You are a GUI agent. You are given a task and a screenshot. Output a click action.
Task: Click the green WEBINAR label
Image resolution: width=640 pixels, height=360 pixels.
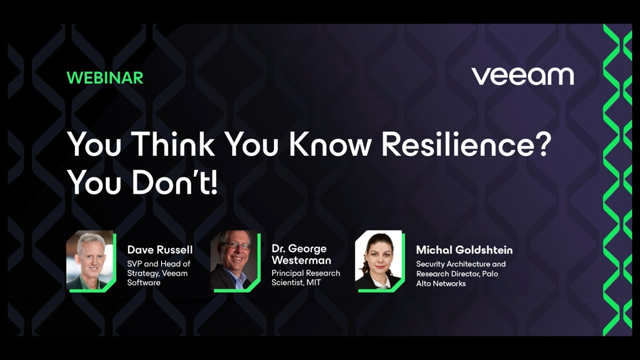pyautogui.click(x=104, y=77)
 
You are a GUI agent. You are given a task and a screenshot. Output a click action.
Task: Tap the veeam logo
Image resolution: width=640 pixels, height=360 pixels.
pyautogui.click(x=522, y=76)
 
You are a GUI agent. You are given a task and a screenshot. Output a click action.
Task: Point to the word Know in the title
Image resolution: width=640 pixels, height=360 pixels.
pyautogui.click(x=329, y=144)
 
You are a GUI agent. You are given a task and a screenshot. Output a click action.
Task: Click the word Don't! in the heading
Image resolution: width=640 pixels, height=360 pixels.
pyautogui.click(x=175, y=183)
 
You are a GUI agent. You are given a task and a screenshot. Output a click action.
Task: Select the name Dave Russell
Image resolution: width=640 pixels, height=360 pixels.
pyautogui.click(x=159, y=249)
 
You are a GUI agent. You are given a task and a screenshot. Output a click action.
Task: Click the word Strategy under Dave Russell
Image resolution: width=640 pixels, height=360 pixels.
pyautogui.click(x=143, y=273)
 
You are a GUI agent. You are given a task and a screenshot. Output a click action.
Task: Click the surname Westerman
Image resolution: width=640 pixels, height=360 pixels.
pyautogui.click(x=301, y=260)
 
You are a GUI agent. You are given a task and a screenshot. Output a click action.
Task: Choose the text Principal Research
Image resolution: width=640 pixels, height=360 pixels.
pyautogui.click(x=305, y=273)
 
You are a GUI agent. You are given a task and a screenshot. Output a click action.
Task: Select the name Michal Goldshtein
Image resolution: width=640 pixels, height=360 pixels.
pyautogui.click(x=464, y=249)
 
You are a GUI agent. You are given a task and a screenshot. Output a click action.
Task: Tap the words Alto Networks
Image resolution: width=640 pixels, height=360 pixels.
pyautogui.click(x=440, y=283)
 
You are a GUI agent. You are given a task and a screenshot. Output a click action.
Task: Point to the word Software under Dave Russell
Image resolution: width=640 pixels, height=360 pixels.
pyautogui.click(x=143, y=282)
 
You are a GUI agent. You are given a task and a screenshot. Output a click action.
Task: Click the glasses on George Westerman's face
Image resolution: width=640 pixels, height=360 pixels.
pyautogui.click(x=235, y=245)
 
